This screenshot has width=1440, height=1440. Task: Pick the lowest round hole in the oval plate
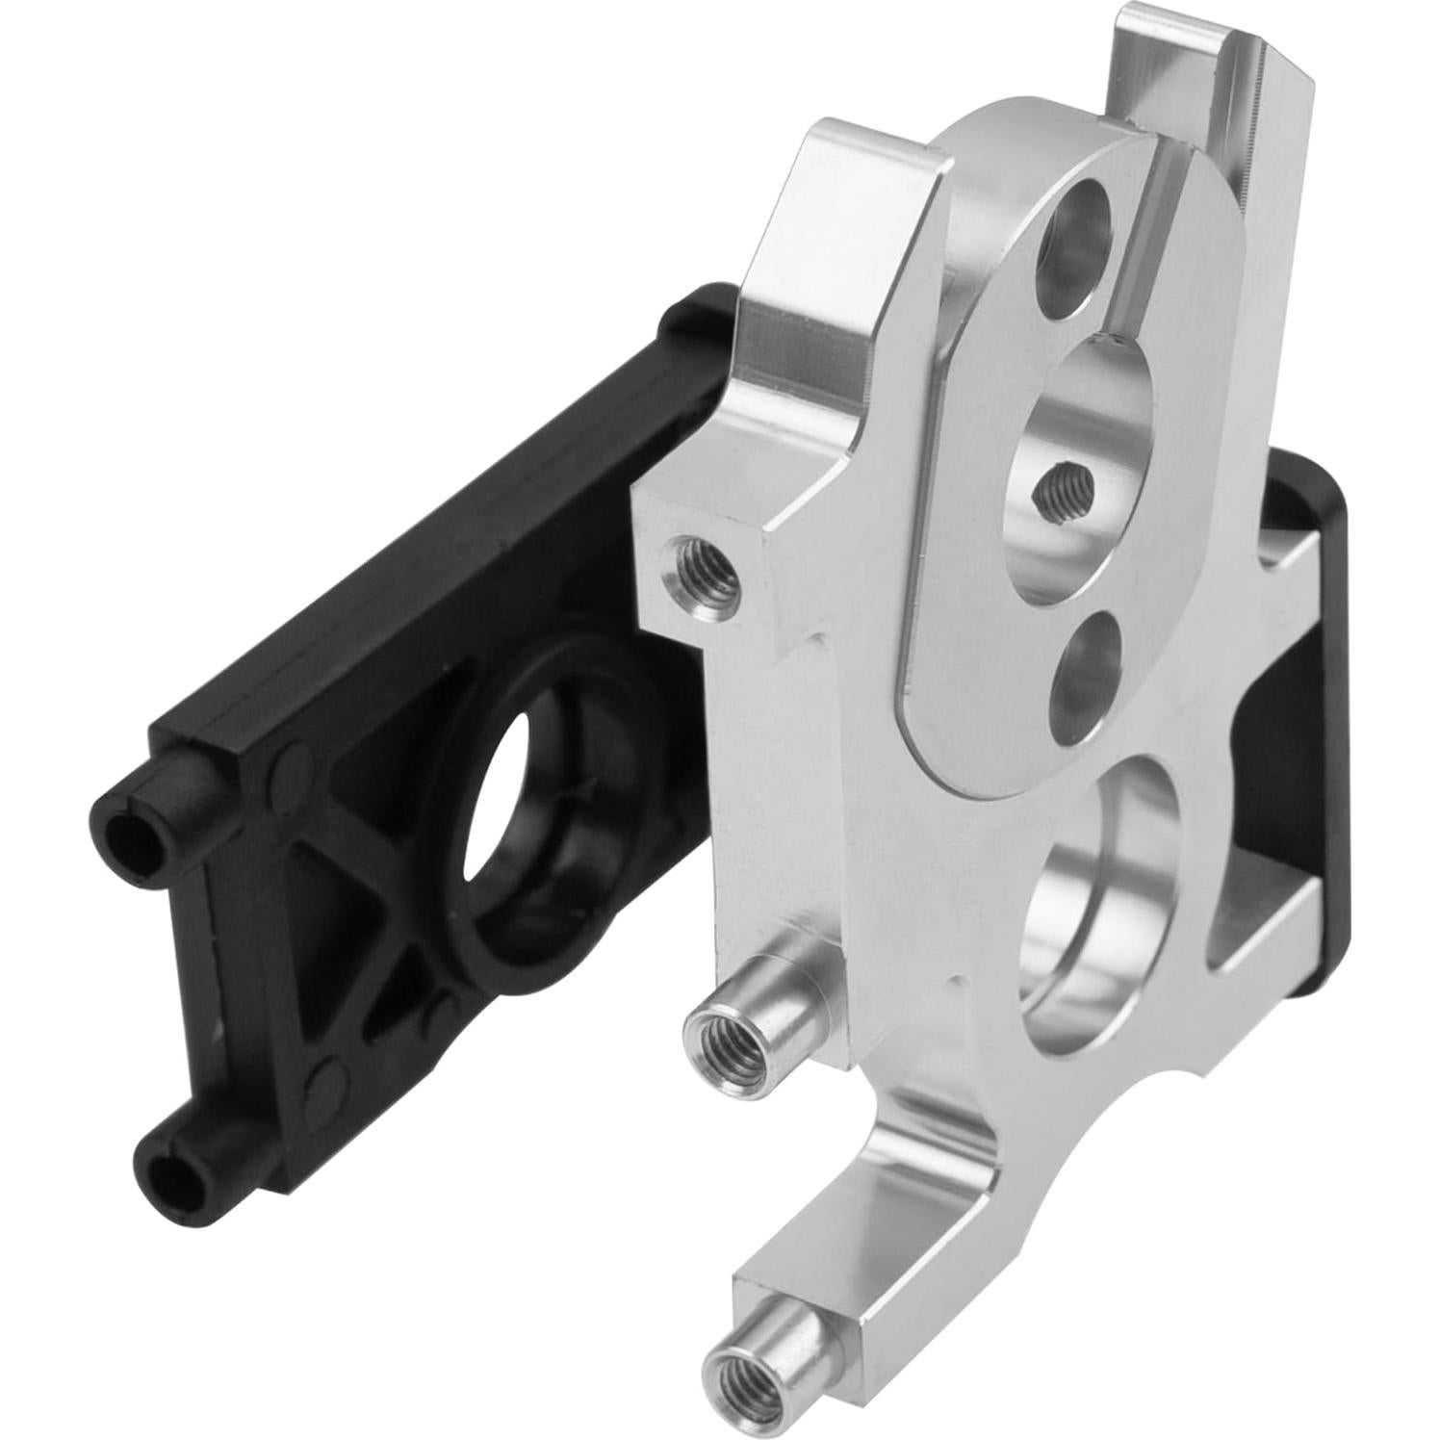tap(1087, 667)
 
